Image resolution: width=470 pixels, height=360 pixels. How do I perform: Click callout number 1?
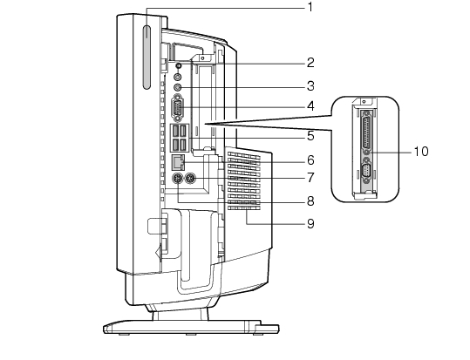point(310,7)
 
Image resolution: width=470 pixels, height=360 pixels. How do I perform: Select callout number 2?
point(310,63)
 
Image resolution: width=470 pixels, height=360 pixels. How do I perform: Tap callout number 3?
point(310,86)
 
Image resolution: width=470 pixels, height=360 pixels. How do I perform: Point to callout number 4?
point(310,106)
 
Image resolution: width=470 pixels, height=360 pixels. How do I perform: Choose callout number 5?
point(310,136)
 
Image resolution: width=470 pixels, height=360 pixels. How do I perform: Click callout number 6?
point(310,160)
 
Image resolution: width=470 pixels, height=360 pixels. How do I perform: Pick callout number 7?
point(310,178)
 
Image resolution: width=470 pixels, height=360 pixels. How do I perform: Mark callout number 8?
point(310,201)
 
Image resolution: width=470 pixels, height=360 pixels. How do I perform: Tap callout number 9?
point(310,224)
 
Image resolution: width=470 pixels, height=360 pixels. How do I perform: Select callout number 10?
point(421,152)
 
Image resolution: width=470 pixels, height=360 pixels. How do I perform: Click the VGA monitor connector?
point(178,108)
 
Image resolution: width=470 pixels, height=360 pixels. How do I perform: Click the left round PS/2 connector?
point(177,180)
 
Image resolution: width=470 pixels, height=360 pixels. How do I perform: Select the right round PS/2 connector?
point(190,180)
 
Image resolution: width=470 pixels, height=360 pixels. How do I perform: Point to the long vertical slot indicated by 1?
point(146,58)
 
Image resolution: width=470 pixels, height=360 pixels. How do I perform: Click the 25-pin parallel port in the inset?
point(366,131)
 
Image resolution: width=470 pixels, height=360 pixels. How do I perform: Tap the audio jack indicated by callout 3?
point(178,87)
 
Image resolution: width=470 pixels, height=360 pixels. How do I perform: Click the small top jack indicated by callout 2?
point(179,65)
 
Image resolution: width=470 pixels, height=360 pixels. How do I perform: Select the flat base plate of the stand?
point(191,327)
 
